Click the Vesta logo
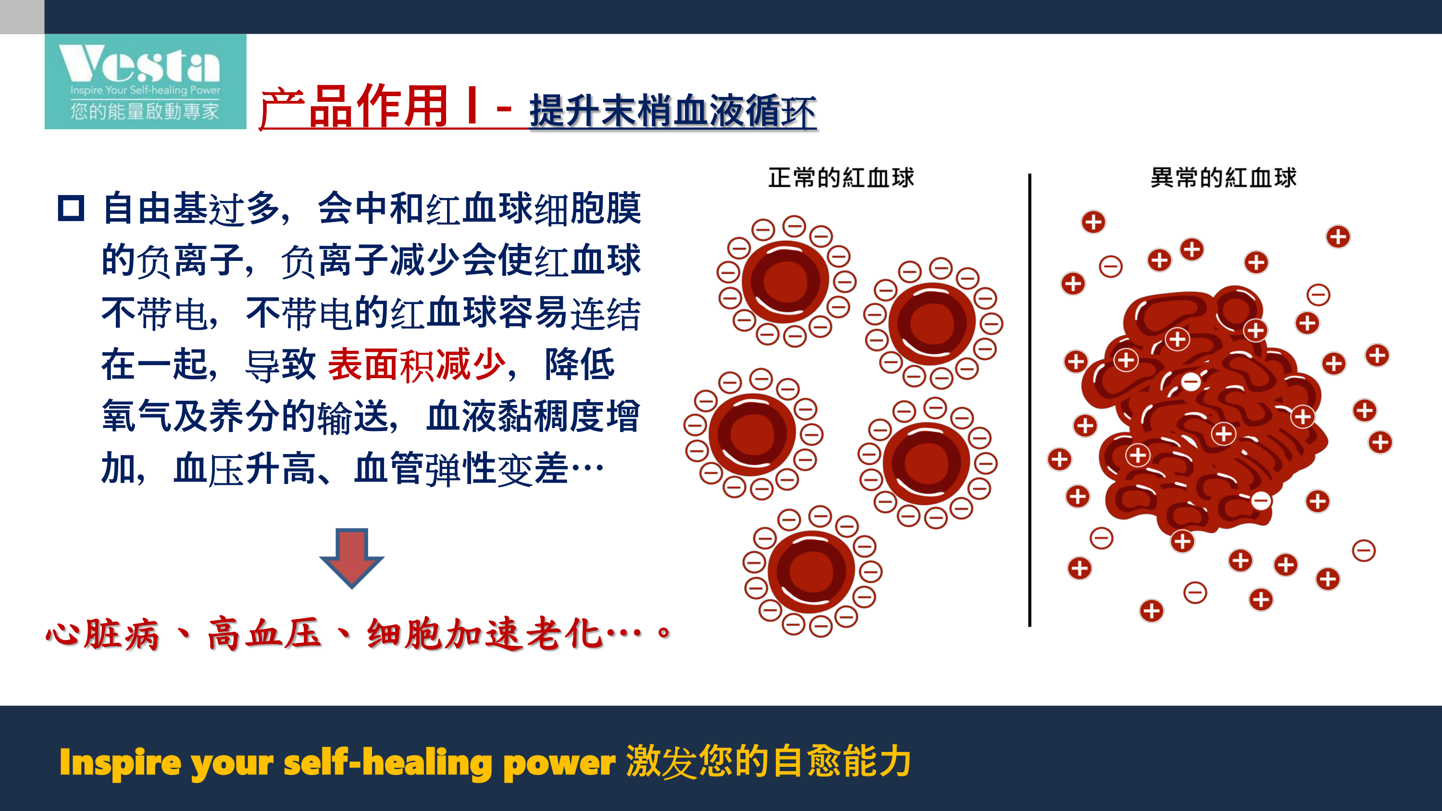click(x=146, y=82)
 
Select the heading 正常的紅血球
click(x=841, y=178)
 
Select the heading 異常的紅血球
click(x=1223, y=178)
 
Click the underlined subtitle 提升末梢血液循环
click(x=673, y=111)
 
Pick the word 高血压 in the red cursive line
click(x=264, y=634)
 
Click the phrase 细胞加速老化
click(x=485, y=634)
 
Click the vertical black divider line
click(x=1030, y=400)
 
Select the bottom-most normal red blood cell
click(x=811, y=572)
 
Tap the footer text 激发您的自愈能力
click(x=769, y=761)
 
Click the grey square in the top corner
click(x=22, y=17)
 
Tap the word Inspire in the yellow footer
click(x=120, y=763)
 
